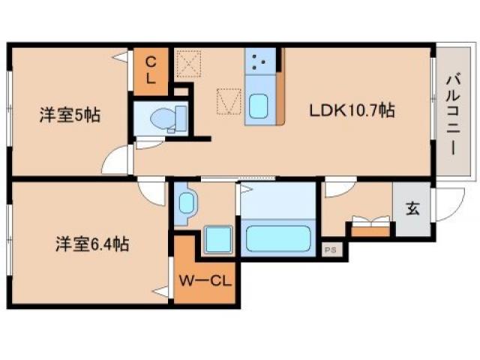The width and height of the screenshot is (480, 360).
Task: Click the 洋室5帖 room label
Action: point(70,115)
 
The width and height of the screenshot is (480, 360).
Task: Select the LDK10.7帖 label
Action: point(353,110)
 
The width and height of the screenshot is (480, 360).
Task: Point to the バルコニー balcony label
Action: point(452,113)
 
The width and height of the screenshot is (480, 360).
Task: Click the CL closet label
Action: point(150,70)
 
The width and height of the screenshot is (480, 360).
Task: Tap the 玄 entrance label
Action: point(412,209)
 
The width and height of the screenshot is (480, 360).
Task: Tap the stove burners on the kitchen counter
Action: point(260,62)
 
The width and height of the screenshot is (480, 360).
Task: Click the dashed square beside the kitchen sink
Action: point(229,101)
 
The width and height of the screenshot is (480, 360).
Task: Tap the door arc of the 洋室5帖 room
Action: point(118,160)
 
